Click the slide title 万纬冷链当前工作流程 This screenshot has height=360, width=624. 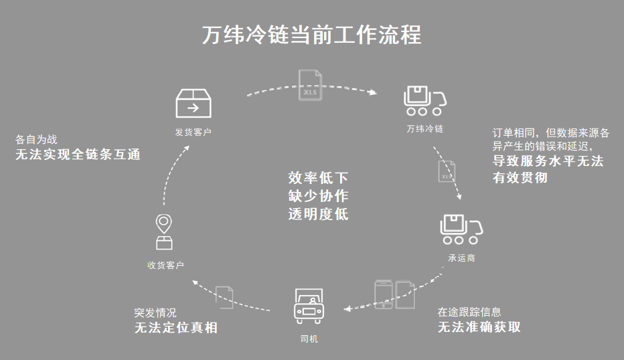[x=312, y=34]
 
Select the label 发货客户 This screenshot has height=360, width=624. [x=193, y=132]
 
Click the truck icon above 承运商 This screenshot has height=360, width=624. [x=461, y=230]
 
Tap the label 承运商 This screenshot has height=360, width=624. [x=461, y=258]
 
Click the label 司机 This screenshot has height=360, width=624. [x=309, y=339]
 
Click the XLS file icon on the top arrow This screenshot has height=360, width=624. [x=310, y=86]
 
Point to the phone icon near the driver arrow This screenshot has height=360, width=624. [x=384, y=293]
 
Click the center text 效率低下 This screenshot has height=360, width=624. [x=318, y=179]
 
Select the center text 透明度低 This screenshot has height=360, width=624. [x=318, y=214]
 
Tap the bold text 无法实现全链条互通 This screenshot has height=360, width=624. [x=78, y=155]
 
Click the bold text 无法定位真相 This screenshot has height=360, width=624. [x=176, y=328]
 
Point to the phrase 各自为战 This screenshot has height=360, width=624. [x=36, y=140]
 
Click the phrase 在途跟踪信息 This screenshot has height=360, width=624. [x=469, y=312]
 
